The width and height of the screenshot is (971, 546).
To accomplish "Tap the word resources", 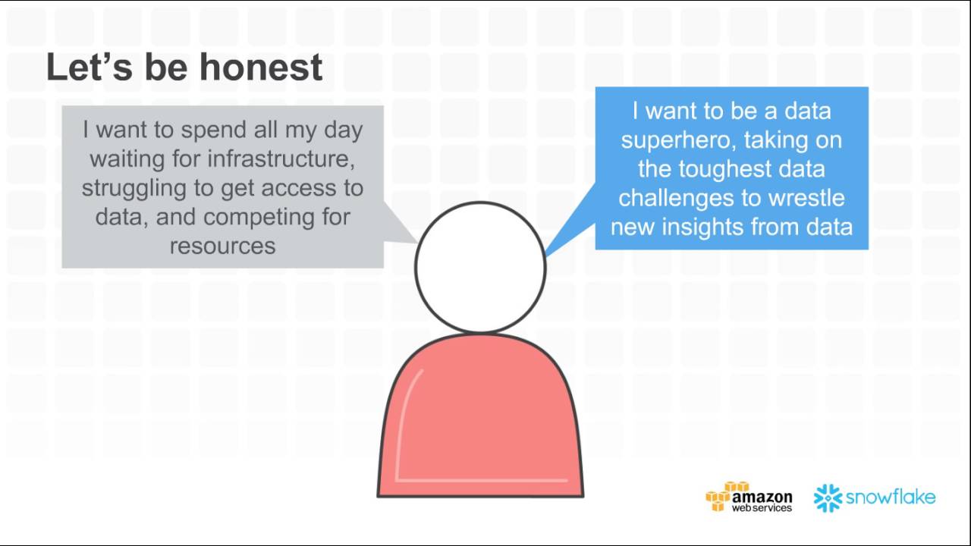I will pyautogui.click(x=222, y=246).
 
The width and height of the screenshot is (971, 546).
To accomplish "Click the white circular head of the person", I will pyautogui.click(x=480, y=267).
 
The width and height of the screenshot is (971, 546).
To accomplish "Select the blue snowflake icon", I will pyautogui.click(x=828, y=498).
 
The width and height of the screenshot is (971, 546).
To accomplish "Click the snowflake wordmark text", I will pyautogui.click(x=891, y=497).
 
